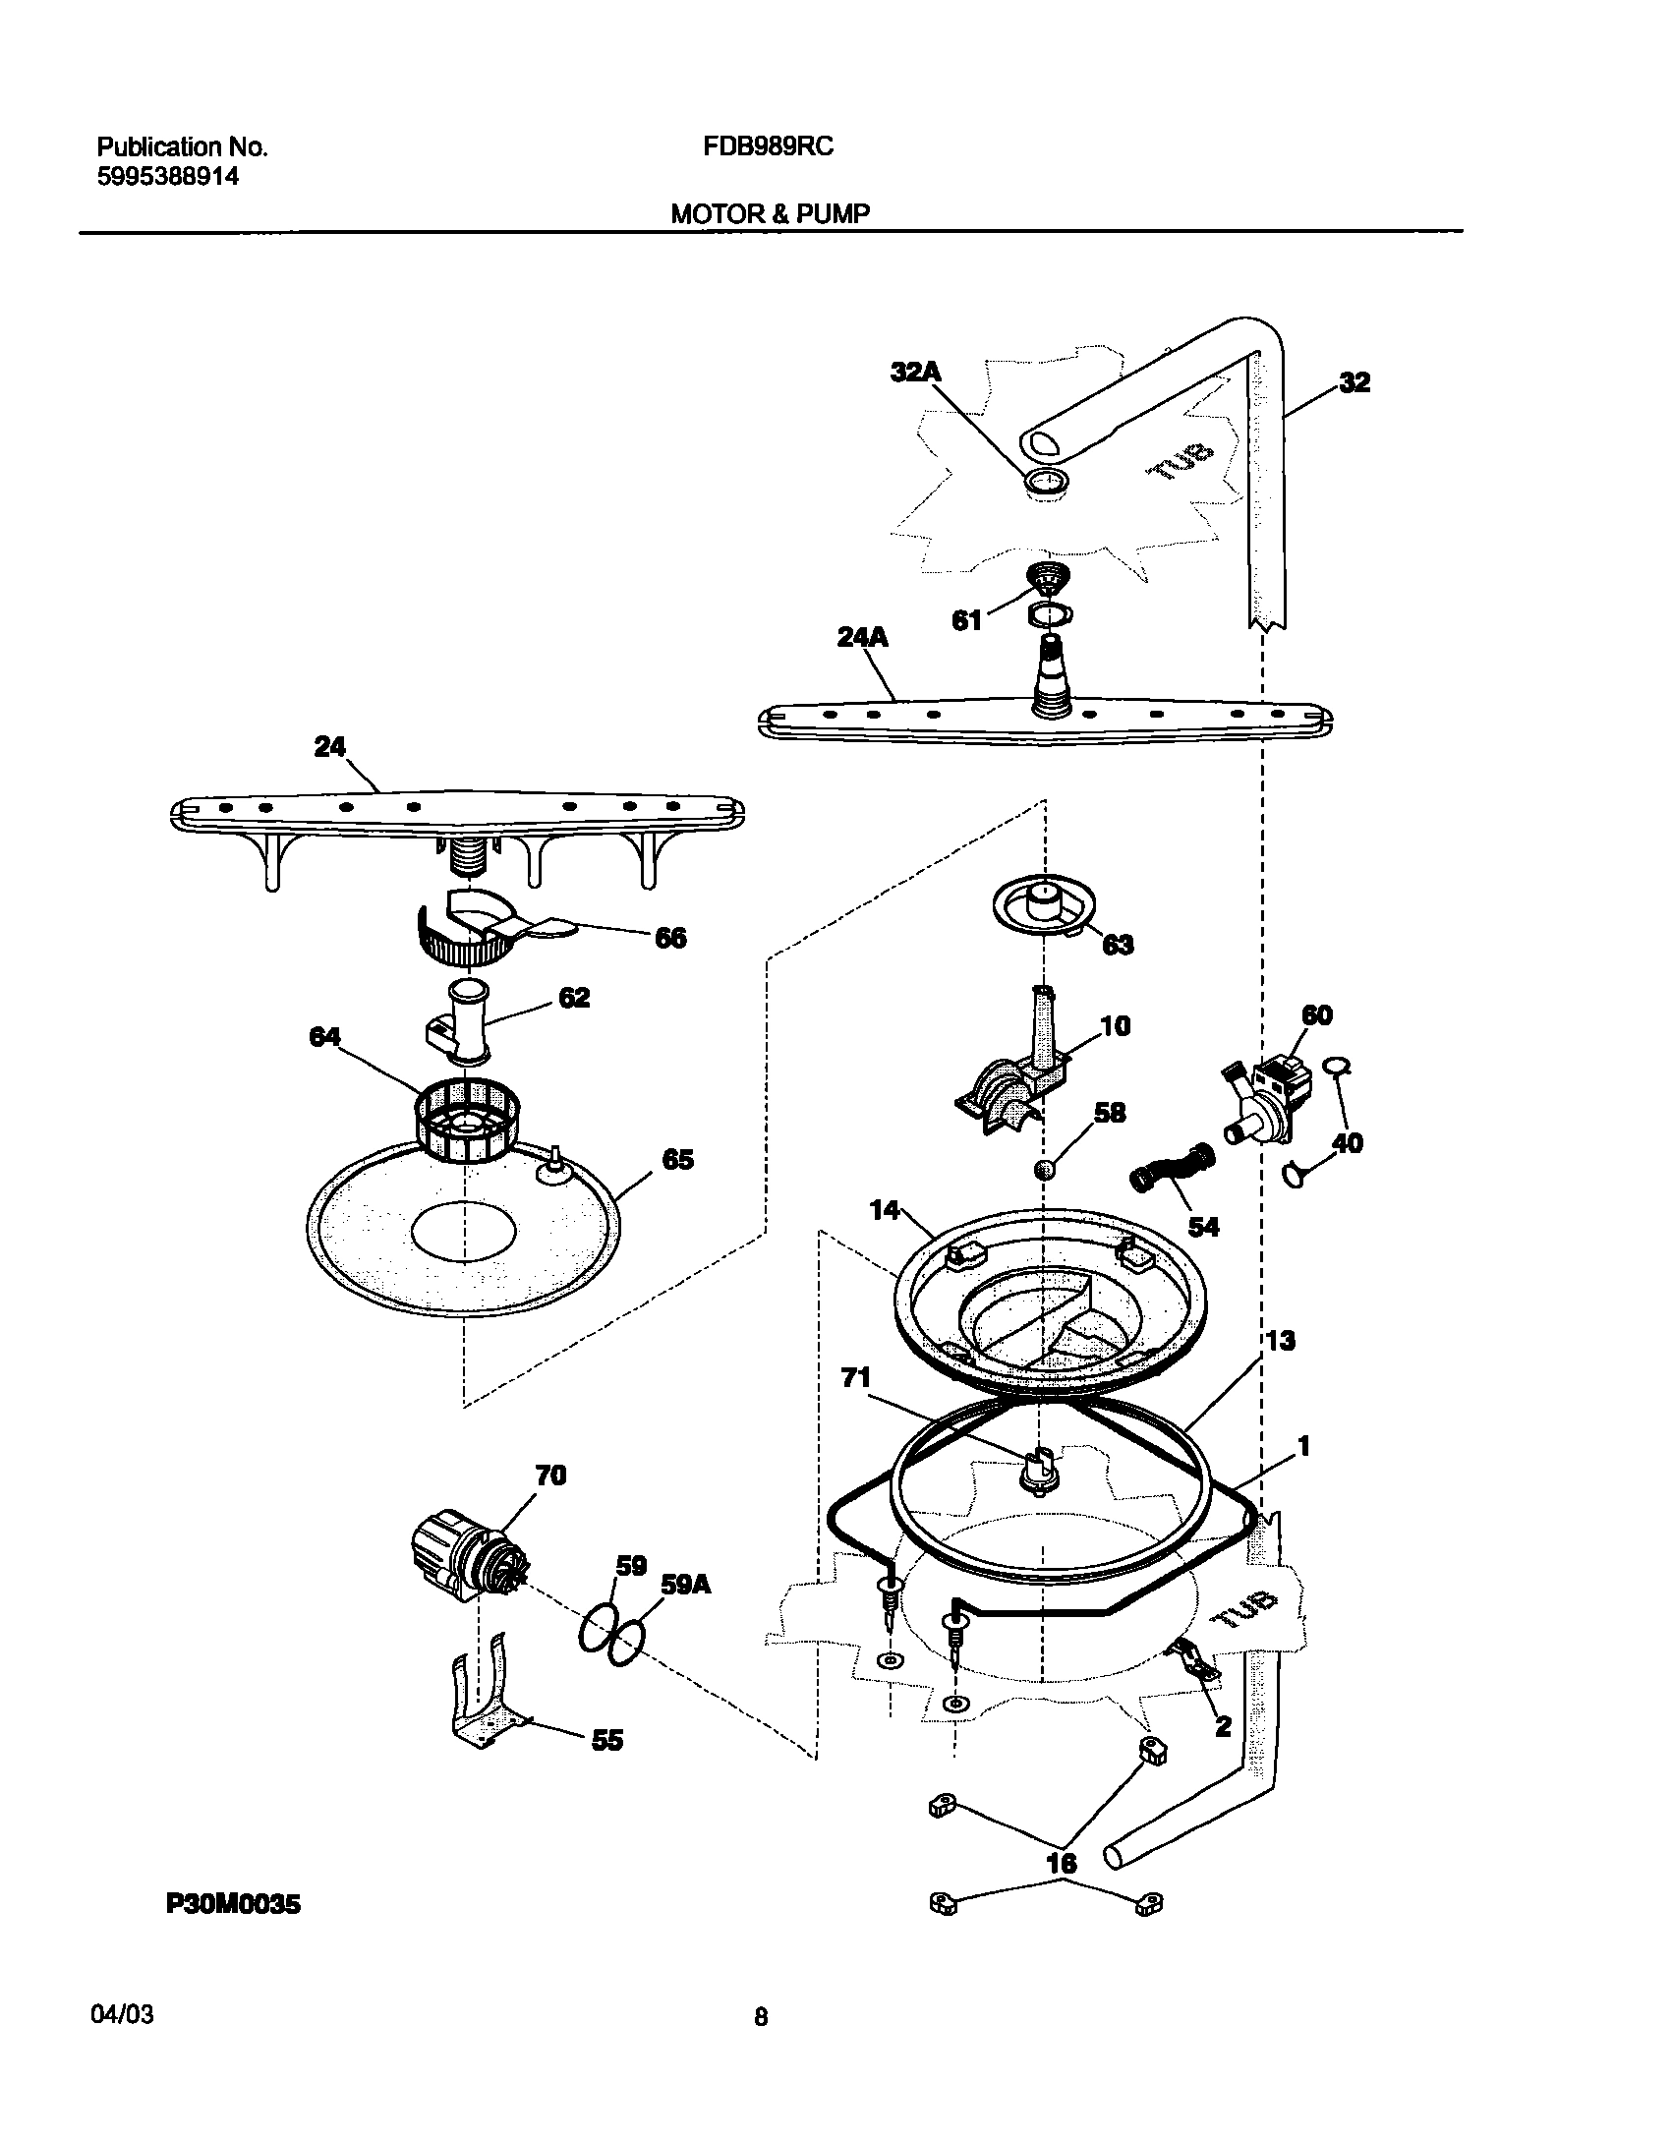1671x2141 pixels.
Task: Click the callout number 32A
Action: coord(915,372)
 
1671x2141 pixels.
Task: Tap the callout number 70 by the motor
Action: coord(550,1476)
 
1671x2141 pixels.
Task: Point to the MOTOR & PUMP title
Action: coord(770,213)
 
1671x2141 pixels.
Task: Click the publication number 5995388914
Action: coord(167,178)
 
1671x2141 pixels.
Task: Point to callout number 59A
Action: coord(685,1585)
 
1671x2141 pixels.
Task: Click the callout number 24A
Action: coord(862,638)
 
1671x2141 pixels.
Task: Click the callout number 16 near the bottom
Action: coord(1062,1863)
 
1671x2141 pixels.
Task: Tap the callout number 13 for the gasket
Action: coord(1280,1341)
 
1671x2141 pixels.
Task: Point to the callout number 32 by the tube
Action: coord(1354,382)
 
